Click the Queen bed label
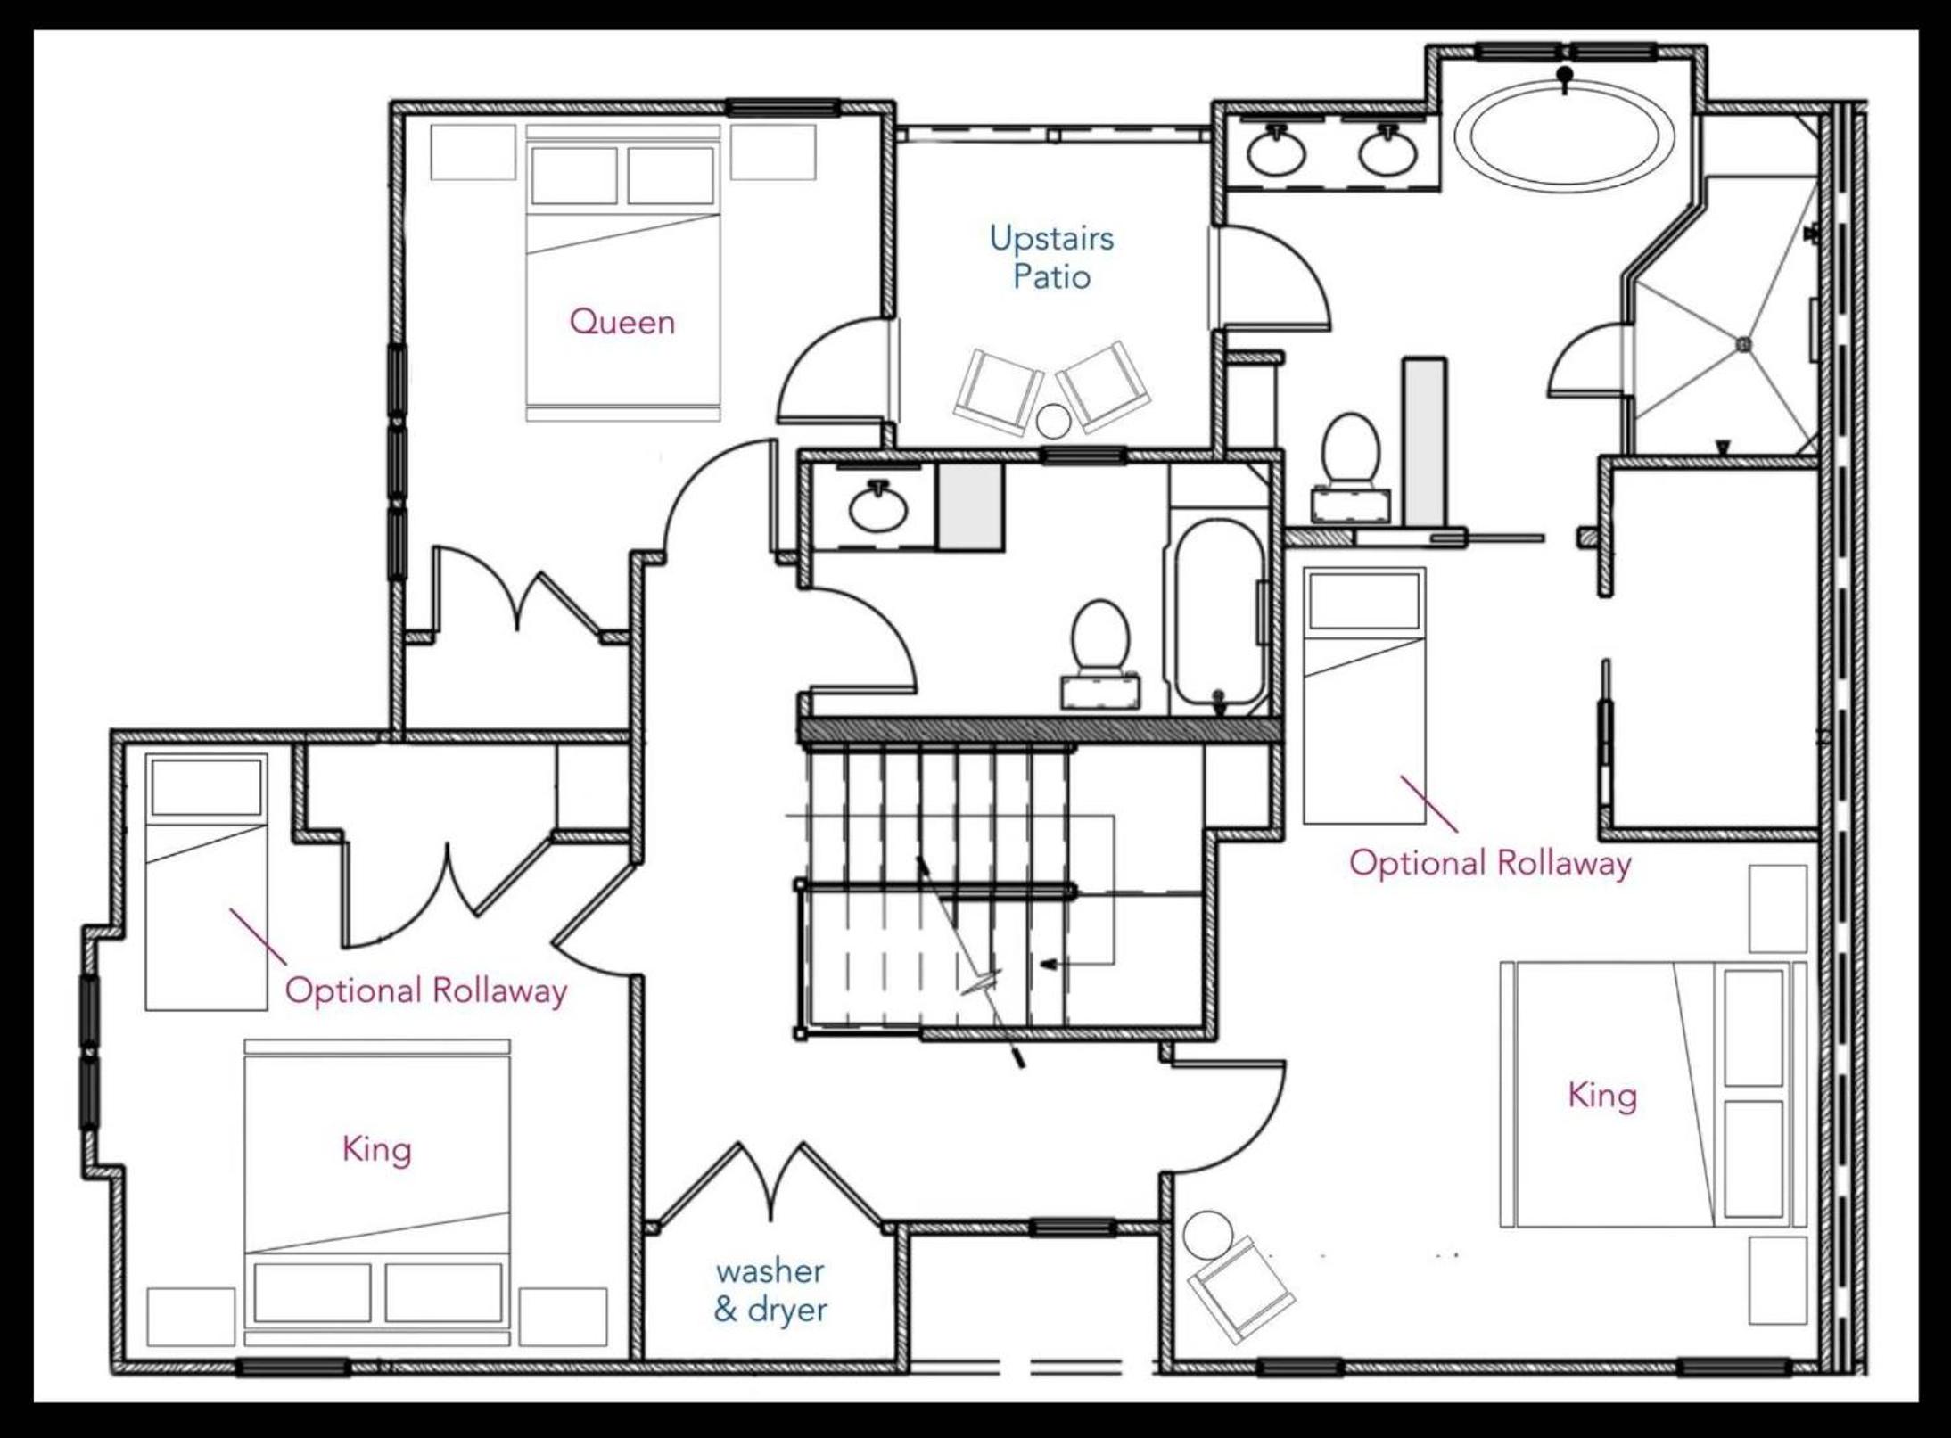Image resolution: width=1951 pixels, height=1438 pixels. (x=622, y=322)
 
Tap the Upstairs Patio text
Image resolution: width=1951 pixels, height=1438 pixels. (x=1051, y=258)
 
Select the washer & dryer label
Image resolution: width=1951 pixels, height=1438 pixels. (x=770, y=1290)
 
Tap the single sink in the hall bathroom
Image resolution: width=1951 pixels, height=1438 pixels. (x=878, y=506)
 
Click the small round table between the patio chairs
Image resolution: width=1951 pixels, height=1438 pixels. (x=1053, y=422)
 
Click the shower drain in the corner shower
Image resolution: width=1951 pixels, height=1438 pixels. (x=1744, y=344)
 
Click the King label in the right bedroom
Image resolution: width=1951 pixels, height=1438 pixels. (x=1602, y=1095)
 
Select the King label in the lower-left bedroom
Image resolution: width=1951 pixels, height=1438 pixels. (x=376, y=1149)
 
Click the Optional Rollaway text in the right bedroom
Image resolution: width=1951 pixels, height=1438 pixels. (x=1490, y=863)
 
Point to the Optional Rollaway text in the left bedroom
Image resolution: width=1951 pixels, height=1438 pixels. (x=425, y=990)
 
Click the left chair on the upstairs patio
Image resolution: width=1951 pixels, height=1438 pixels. (x=999, y=392)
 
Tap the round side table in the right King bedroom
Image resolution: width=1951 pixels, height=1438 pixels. (x=1208, y=1235)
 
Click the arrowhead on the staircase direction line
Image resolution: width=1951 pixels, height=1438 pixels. (x=1051, y=964)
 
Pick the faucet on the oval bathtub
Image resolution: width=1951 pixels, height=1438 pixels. (x=1565, y=77)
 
